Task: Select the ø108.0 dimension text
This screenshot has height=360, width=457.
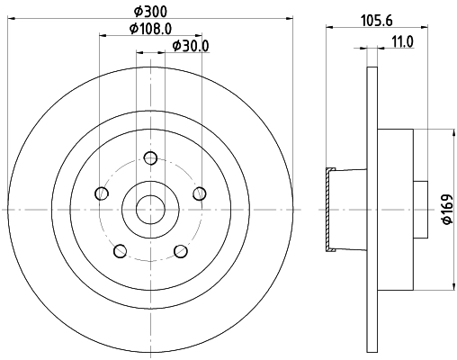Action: (x=150, y=28)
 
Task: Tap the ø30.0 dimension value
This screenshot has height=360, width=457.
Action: (x=189, y=46)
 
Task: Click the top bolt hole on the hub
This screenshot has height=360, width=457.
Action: (x=151, y=159)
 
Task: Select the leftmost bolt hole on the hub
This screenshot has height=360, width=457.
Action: (x=103, y=194)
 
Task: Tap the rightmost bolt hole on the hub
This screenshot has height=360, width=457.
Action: (x=200, y=193)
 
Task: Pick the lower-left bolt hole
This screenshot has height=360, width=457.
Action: (x=121, y=250)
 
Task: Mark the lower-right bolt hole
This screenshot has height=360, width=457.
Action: (x=180, y=250)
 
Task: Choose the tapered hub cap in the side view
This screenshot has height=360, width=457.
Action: (x=331, y=209)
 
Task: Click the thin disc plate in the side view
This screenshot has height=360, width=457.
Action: (x=371, y=209)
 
